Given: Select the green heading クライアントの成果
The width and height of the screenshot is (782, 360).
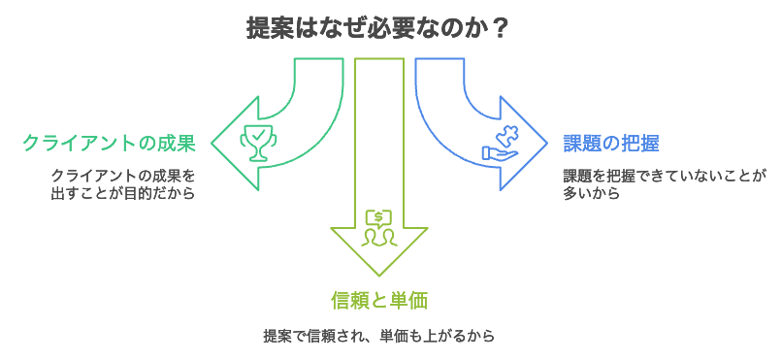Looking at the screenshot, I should [109, 145].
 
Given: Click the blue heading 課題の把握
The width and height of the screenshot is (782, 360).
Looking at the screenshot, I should [611, 145].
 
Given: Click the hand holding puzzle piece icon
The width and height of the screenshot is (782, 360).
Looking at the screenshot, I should [502, 143].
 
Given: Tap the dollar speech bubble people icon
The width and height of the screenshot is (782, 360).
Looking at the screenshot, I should [378, 227].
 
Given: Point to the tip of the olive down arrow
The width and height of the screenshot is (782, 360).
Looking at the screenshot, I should [378, 276].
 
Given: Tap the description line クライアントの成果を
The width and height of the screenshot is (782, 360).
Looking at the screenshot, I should [123, 176].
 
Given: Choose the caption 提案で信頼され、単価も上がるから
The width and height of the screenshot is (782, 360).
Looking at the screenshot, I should [378, 337].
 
